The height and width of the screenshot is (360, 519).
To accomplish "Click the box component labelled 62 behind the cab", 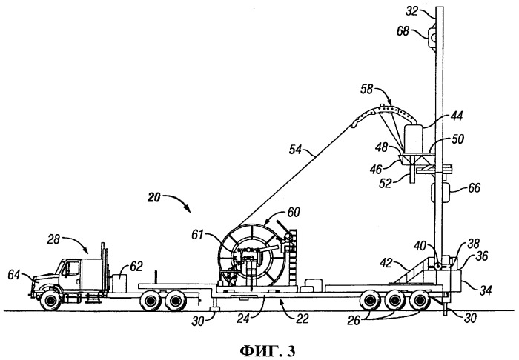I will (x=119, y=283).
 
